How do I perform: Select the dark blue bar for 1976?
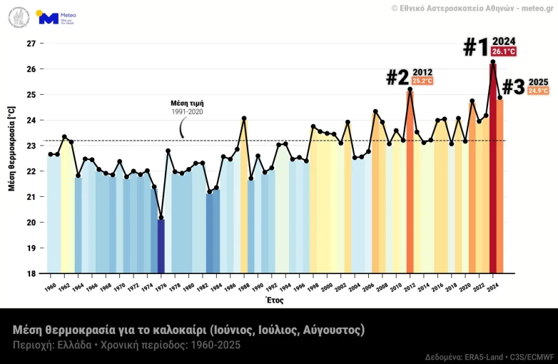click(161, 246)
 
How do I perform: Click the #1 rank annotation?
click(476, 47)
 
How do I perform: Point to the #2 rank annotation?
click(397, 77)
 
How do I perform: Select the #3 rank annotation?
click(513, 87)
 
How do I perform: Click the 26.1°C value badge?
click(503, 52)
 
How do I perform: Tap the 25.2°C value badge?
click(422, 81)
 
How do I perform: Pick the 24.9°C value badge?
click(538, 91)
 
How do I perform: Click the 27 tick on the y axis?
click(31, 44)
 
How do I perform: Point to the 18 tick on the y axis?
click(31, 273)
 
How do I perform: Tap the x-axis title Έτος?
click(275, 300)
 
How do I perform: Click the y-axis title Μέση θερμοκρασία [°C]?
click(11, 156)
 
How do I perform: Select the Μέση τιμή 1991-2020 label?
click(187, 107)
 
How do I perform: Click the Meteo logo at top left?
click(57, 18)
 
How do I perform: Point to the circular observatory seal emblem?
click(19, 17)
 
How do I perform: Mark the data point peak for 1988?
click(244, 118)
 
